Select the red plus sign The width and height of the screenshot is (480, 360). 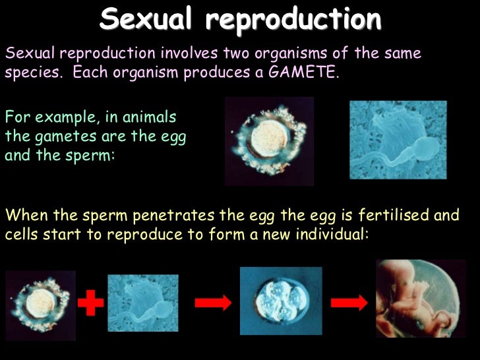tap(91, 304)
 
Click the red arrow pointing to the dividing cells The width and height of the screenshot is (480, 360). tap(213, 303)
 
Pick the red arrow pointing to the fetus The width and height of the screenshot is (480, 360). tap(349, 303)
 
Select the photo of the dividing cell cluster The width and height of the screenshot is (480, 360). tap(281, 301)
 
